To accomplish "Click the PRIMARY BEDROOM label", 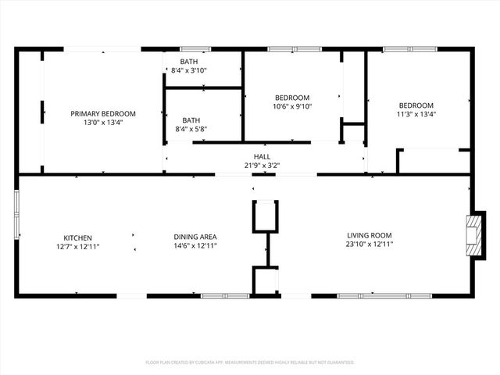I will (103, 113).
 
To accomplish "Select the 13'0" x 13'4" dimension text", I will (103, 122).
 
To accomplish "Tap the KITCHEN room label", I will (78, 237).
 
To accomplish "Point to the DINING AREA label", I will (195, 237).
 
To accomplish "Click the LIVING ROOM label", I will (370, 235).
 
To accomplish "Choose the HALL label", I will (262, 156).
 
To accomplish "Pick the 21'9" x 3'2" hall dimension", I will (262, 165).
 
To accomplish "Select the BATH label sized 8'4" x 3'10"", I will (189, 62).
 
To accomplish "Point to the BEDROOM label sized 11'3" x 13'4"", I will (416, 105).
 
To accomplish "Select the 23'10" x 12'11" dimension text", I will (370, 245).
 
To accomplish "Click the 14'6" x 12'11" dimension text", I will (195, 245).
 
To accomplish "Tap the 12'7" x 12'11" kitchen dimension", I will (78, 245).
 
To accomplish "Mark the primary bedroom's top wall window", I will (102, 49).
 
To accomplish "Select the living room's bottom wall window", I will (371, 295).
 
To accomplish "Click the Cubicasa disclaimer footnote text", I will (250, 362).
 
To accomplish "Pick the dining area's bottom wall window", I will (224, 295).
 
